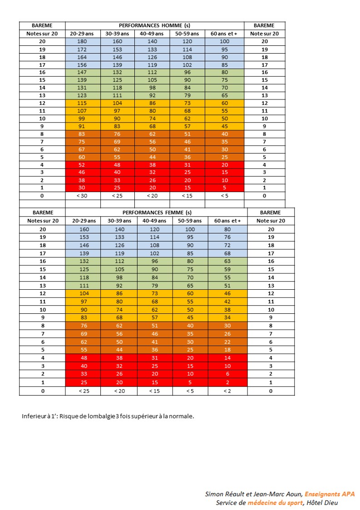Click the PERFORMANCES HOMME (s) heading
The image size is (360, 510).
[154, 25]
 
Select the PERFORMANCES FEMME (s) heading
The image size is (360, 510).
[157, 213]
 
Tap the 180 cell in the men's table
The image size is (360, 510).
[82, 41]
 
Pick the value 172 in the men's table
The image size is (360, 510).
[82, 50]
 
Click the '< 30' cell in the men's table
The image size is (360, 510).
[82, 196]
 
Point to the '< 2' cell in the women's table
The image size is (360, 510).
[227, 391]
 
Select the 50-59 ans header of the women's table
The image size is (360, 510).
[190, 221]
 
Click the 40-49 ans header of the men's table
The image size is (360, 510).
[152, 34]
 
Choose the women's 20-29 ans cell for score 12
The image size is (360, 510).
[84, 293]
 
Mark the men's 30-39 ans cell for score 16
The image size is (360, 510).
[117, 72]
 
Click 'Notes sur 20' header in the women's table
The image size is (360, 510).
[43, 221]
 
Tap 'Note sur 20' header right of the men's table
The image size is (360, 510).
[264, 34]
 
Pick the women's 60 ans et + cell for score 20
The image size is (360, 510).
[227, 229]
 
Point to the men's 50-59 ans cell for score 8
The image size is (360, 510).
[187, 134]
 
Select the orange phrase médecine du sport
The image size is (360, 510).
[275, 503]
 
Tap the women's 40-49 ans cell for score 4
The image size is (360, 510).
[154, 358]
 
